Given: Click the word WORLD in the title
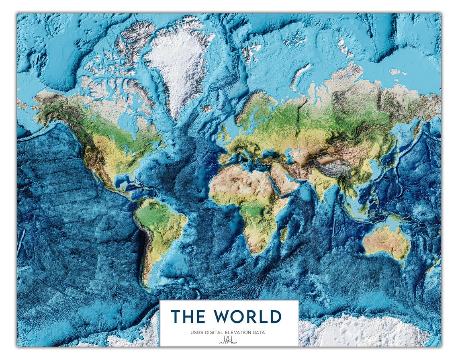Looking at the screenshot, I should pos(247,316).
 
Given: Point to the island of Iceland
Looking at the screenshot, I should pos(207,108).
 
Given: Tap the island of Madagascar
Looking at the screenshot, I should pos(284,233).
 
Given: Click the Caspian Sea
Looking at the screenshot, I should pos(290,155).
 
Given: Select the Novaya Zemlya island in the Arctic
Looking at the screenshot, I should pos(299,76).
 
